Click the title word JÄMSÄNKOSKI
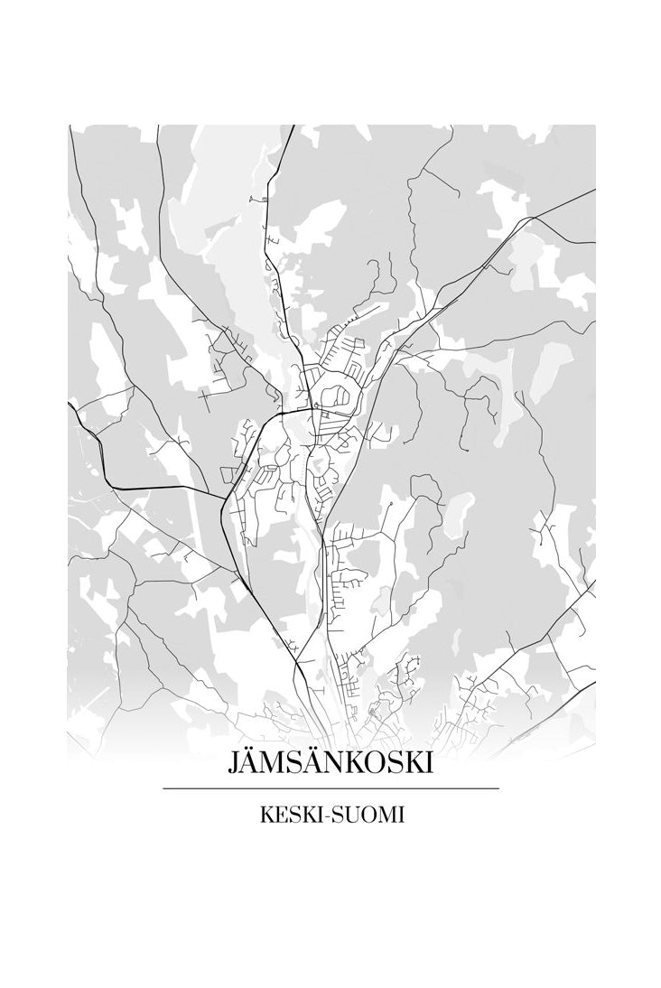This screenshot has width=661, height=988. point(330,764)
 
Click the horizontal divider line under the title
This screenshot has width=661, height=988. point(330,788)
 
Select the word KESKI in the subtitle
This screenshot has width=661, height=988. point(288,816)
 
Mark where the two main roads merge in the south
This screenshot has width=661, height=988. point(298,664)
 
